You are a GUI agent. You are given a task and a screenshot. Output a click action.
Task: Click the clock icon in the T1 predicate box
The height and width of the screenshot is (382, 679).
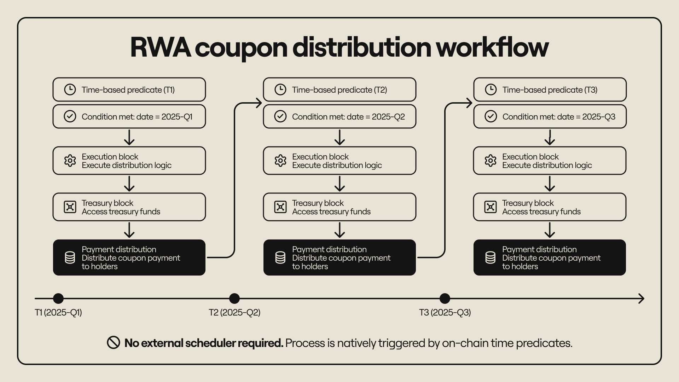pos(70,89)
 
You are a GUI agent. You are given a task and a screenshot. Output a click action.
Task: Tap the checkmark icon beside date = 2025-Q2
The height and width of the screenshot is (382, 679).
pos(280,116)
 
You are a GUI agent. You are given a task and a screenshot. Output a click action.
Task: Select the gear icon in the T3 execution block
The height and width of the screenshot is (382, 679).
pos(491,161)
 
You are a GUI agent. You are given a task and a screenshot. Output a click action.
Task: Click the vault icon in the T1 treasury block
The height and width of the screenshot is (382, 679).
pos(70,207)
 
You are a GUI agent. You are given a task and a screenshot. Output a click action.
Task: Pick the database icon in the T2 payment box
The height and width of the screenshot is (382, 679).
pos(280,257)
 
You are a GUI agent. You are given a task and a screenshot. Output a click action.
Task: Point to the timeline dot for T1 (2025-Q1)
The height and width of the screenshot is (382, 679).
pos(58,299)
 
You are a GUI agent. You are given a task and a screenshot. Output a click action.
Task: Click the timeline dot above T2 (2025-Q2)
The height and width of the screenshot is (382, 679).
pos(234,299)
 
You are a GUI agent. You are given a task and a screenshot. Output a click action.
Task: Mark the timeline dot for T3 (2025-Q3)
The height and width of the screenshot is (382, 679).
pos(445,299)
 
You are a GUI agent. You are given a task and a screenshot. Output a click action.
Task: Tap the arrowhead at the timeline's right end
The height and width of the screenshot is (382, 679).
pos(641,299)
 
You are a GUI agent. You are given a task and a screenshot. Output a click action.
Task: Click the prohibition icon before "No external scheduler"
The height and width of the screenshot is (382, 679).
pos(114,342)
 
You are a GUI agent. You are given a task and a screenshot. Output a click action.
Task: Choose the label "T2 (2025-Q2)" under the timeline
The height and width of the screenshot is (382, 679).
pos(234,312)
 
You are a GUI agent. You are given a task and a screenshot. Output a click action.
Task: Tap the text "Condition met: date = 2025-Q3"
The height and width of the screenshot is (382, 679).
pos(559,117)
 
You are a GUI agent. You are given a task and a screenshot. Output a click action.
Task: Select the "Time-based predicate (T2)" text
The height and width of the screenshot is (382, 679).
pos(339,90)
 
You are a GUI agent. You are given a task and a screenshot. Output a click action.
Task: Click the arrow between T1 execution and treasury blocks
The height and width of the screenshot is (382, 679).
pos(129,184)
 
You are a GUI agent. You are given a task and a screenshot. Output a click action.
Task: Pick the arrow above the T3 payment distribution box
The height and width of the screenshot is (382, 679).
pos(550,230)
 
